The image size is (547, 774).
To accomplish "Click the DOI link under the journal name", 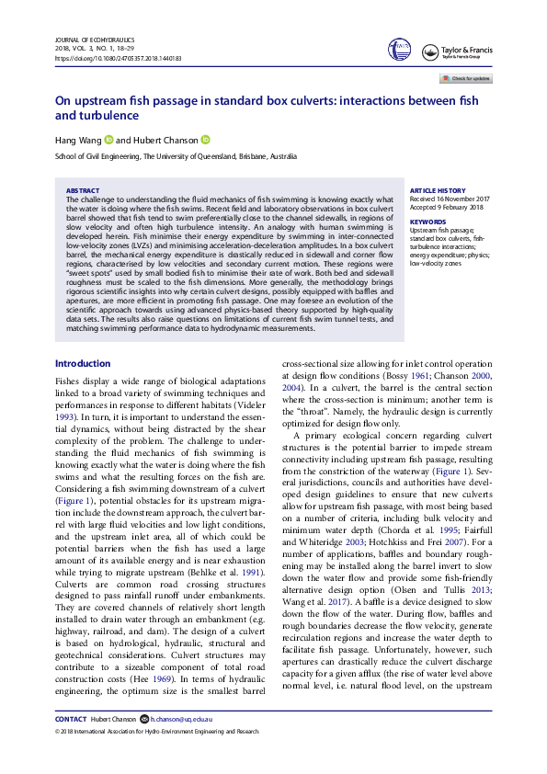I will tap(119, 58).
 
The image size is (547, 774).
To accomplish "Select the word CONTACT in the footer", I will tap(71, 745).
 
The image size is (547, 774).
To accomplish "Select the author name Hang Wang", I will tap(77, 140).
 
